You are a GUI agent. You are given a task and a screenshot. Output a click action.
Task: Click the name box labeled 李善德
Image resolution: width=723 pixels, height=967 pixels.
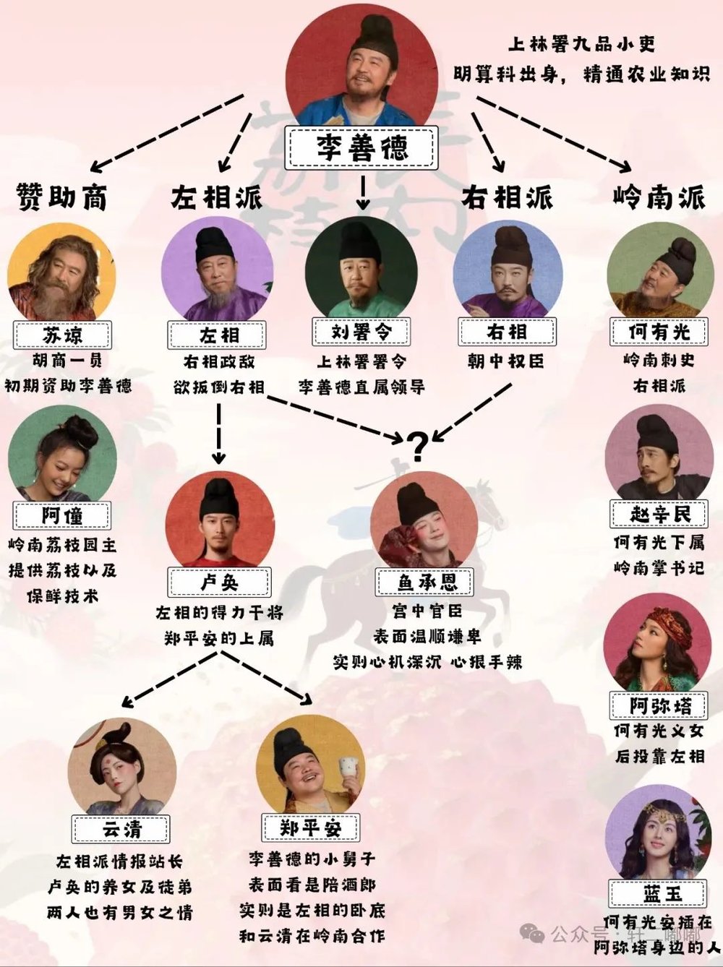click(x=361, y=147)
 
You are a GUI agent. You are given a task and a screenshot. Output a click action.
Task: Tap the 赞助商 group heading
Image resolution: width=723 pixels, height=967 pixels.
click(x=61, y=197)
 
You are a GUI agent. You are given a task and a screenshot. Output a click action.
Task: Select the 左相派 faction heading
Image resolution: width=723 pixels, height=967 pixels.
click(x=216, y=197)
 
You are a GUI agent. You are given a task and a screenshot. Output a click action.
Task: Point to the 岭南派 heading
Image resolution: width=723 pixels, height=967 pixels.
click(x=659, y=197)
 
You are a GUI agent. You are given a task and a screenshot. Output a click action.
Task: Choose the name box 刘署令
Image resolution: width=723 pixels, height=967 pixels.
click(x=361, y=332)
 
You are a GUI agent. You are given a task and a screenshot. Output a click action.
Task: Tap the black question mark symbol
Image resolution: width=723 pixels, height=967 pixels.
click(x=417, y=446)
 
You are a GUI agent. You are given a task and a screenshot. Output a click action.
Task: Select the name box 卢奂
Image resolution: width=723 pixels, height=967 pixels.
click(x=219, y=582)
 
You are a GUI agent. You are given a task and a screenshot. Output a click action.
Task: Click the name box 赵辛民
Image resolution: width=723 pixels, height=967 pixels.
click(x=660, y=515)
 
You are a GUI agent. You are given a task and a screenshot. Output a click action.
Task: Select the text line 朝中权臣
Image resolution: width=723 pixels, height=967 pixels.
click(x=505, y=361)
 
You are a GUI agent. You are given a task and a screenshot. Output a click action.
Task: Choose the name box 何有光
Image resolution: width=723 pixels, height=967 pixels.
click(x=659, y=332)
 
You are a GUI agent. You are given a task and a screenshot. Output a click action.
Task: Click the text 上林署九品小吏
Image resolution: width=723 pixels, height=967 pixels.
click(x=582, y=45)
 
